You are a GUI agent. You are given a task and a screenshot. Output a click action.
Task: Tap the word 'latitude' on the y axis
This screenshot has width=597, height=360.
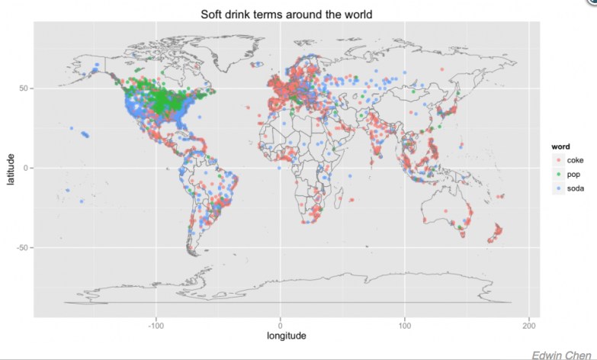point(11,169)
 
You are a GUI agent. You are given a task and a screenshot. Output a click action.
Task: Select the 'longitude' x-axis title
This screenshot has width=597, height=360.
point(286,336)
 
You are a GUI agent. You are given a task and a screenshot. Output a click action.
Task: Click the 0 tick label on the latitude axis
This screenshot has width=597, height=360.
point(27,169)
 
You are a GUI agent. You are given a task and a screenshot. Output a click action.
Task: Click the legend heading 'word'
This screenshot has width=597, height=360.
point(562,146)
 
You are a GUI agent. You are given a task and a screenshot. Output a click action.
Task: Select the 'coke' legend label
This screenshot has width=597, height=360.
point(576,160)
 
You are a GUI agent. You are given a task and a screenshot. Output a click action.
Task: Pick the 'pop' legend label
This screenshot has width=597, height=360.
point(574,174)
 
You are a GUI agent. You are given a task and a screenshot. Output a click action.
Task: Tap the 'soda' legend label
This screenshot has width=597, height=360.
point(576,188)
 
